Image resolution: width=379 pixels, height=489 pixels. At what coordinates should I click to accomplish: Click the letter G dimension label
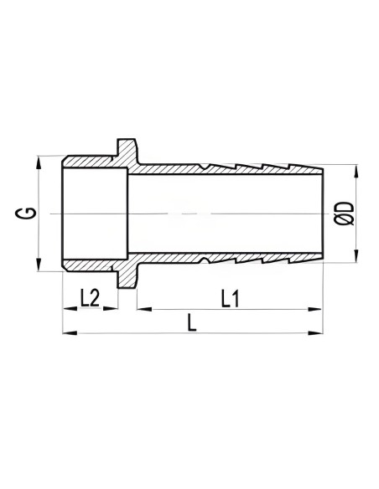(x=27, y=214)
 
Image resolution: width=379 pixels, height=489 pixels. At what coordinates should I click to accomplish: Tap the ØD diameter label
(x=345, y=214)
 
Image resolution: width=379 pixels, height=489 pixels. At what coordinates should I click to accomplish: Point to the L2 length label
(x=91, y=297)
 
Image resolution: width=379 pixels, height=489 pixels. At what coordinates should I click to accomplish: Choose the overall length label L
(x=192, y=323)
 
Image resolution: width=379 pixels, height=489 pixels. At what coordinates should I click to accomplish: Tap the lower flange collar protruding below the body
(x=126, y=278)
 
